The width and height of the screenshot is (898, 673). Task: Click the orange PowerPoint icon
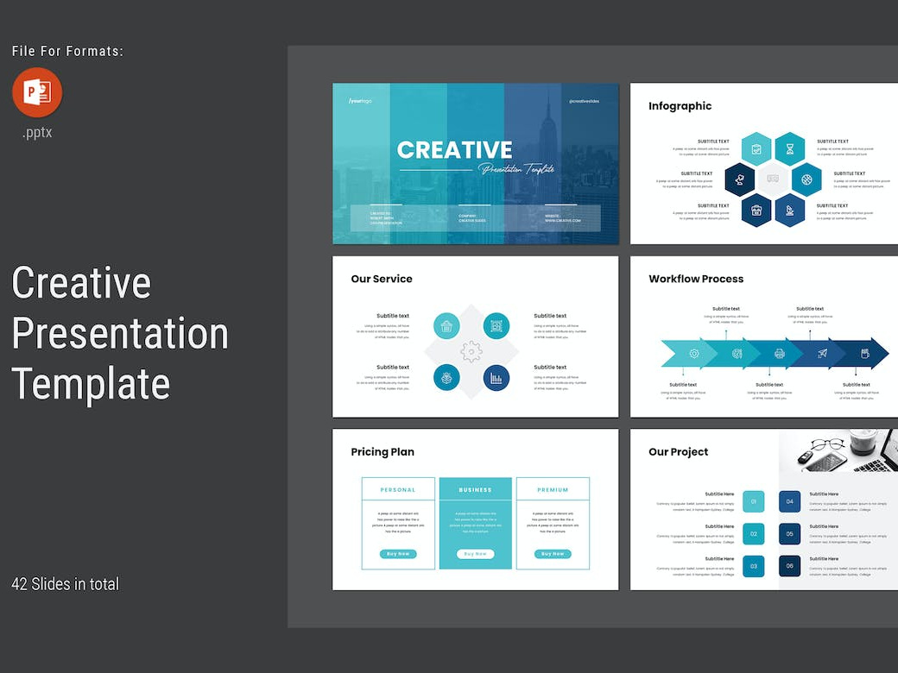37,92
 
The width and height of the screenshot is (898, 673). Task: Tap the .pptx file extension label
37,133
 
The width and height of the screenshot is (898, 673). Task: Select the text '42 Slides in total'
66,584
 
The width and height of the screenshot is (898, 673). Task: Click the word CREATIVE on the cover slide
454,149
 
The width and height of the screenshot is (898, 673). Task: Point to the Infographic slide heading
680,106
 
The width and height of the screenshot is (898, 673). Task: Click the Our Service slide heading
382,279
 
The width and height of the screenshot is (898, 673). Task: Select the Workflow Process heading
696,279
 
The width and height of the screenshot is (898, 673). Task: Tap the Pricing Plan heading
383,451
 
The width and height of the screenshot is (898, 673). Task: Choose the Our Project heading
679,451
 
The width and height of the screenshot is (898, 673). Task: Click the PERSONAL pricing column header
398,490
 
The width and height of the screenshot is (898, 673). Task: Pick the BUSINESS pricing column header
475,490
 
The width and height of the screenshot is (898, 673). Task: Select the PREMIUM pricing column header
553,490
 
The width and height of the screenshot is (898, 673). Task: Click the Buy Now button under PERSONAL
398,554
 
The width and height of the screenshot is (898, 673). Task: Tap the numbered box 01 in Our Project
754,501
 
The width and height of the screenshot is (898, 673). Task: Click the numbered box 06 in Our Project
789,566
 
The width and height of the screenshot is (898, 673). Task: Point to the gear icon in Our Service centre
471,351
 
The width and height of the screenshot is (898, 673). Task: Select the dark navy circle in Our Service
496,378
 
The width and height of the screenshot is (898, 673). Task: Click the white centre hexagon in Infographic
773,179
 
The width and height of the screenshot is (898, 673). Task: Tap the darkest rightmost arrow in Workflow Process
866,353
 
